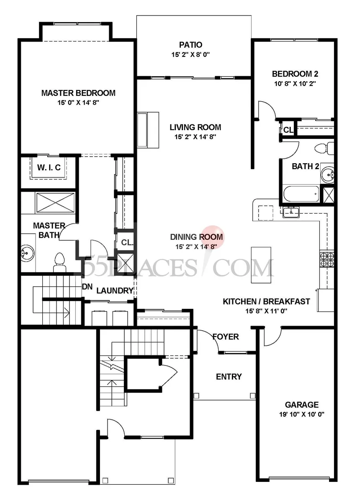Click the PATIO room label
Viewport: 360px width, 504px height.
(x=190, y=45)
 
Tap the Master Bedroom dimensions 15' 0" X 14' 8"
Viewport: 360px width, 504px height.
(x=78, y=103)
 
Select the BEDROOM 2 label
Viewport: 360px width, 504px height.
(x=295, y=74)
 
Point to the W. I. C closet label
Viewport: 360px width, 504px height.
(x=49, y=167)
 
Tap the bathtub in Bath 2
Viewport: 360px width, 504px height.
(x=301, y=194)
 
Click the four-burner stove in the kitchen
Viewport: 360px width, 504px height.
(x=327, y=260)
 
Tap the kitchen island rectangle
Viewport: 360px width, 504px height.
(x=261, y=265)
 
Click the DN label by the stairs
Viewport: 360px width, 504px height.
(x=87, y=287)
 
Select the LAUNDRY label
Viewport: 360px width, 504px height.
(x=115, y=291)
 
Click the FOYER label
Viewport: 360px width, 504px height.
(x=226, y=337)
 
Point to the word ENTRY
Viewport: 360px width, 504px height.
(x=229, y=376)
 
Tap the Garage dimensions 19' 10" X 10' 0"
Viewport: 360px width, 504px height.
(x=302, y=414)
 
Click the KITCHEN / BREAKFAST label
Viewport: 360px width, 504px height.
(x=266, y=301)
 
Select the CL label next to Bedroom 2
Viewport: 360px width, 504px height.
(x=288, y=130)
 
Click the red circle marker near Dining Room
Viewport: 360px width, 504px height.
(x=213, y=236)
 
